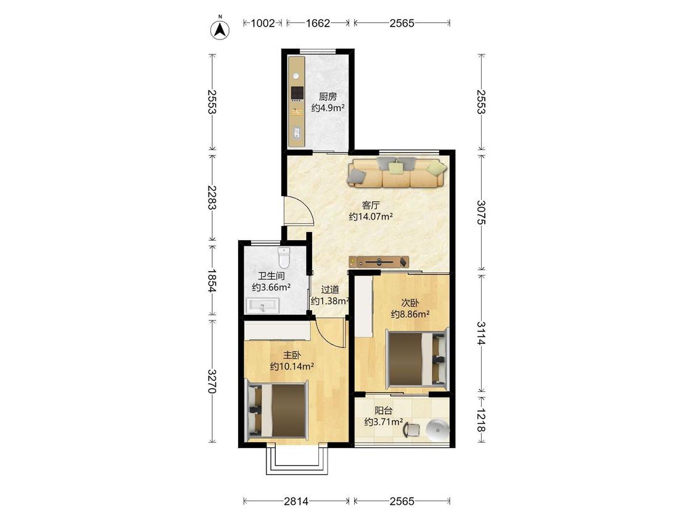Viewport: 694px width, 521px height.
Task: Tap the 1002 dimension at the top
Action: pyautogui.click(x=263, y=23)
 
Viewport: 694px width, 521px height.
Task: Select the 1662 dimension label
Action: pyautogui.click(x=318, y=23)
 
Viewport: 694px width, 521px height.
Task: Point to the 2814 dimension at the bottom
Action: pyautogui.click(x=296, y=501)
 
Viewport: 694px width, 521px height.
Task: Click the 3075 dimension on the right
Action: pyautogui.click(x=482, y=212)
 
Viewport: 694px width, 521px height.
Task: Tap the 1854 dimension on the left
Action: pyautogui.click(x=212, y=280)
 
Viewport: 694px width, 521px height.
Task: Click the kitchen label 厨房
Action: pyautogui.click(x=328, y=96)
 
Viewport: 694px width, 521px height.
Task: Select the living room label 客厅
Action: pyautogui.click(x=371, y=205)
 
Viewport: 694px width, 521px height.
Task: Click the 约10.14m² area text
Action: pyautogui.click(x=292, y=367)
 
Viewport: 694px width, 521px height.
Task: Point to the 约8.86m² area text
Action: pyautogui.click(x=410, y=314)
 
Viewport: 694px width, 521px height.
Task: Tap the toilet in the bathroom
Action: pyautogui.click(x=283, y=257)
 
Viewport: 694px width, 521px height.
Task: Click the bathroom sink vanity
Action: pyautogui.click(x=262, y=306)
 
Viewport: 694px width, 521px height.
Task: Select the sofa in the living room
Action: pyautogui.click(x=397, y=172)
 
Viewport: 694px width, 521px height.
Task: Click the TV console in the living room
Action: pyautogui.click(x=378, y=262)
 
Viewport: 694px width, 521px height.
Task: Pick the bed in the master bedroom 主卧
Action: pyautogui.click(x=277, y=411)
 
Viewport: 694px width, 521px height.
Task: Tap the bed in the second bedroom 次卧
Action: pyautogui.click(x=418, y=359)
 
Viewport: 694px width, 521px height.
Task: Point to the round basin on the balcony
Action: pyautogui.click(x=437, y=429)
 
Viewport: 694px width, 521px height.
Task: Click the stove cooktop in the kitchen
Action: pyautogui.click(x=297, y=93)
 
